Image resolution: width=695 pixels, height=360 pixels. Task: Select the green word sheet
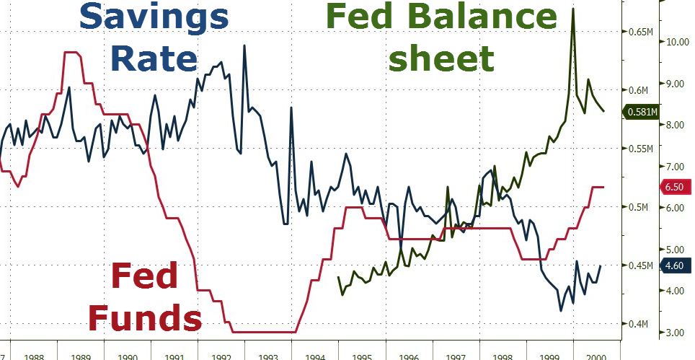[x=441, y=58]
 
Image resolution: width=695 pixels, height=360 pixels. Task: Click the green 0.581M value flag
[x=640, y=112]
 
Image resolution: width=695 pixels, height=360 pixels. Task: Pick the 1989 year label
[x=81, y=356]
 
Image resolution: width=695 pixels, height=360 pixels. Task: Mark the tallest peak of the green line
[x=573, y=8]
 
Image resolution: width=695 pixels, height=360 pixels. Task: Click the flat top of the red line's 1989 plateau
[x=71, y=53]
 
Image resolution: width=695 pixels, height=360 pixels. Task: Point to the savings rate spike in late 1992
[x=244, y=45]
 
